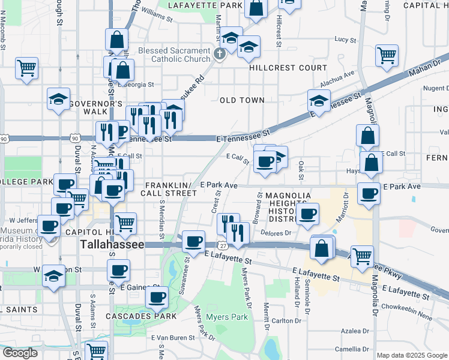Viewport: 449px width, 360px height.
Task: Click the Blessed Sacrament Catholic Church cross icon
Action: click(219, 55)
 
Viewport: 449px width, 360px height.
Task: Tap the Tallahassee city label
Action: click(112, 245)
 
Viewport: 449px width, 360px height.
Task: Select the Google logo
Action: click(20, 353)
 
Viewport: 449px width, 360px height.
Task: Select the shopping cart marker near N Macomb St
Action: click(27, 67)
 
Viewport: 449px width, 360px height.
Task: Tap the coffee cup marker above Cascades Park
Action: click(158, 295)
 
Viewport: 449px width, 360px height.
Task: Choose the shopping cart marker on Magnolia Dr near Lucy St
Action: click(387, 55)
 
